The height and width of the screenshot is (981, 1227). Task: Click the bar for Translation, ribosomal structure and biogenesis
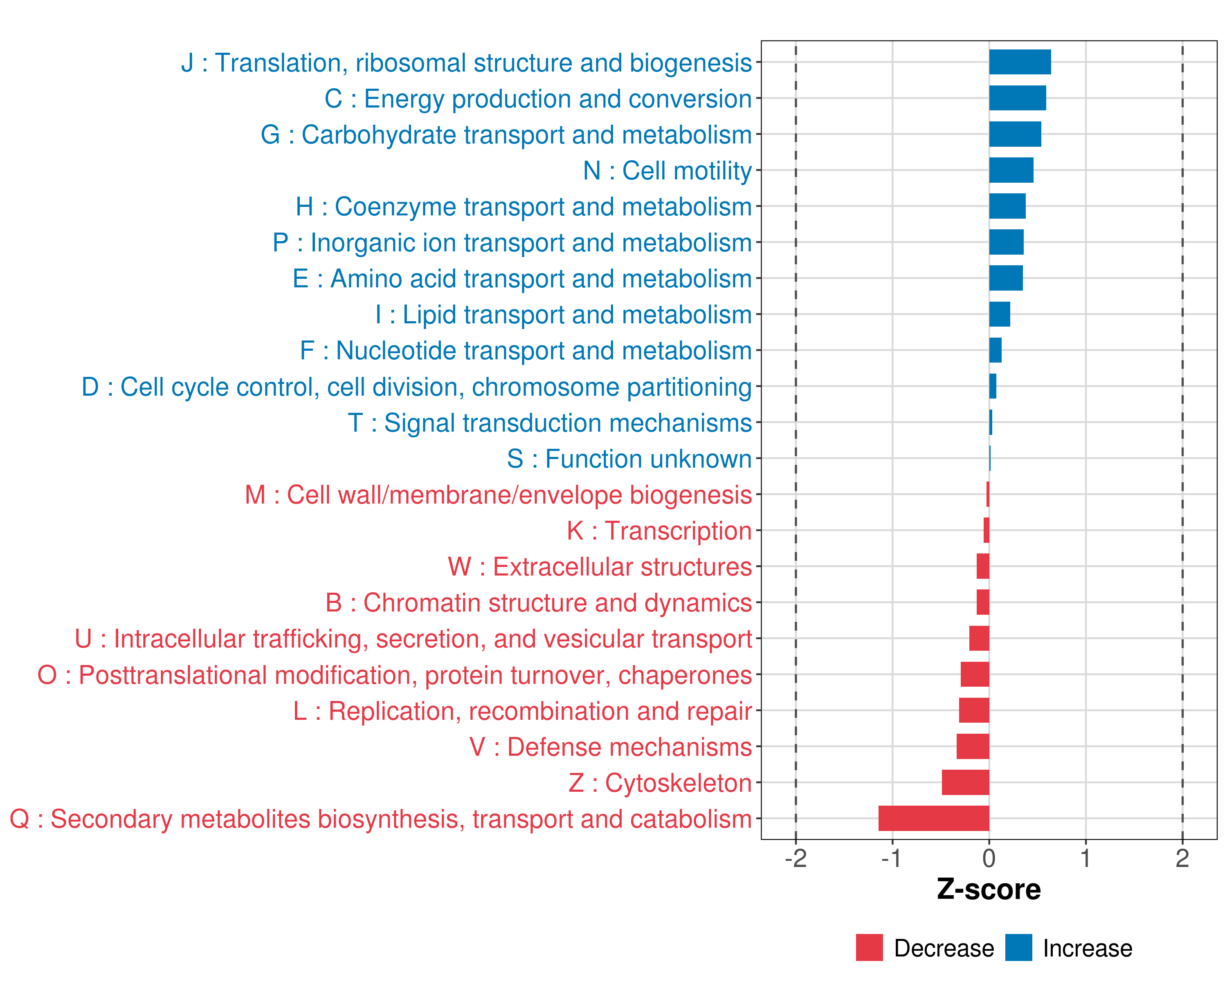coord(1020,62)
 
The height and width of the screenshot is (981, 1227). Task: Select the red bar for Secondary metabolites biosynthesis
coord(933,818)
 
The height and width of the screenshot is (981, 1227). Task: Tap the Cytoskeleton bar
coord(965,782)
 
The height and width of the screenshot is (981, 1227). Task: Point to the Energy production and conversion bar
coord(1017,98)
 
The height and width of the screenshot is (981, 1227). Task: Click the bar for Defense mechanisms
coord(973,746)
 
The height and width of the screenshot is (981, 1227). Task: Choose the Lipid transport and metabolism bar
coord(999,314)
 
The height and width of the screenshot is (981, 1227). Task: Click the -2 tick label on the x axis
coord(795,859)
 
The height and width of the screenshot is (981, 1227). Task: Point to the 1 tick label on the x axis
coord(1085,859)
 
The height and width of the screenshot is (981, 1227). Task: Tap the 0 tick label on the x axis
coord(989,859)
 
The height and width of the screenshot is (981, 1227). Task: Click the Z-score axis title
coord(989,889)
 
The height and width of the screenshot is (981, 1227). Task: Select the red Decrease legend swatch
coord(869,947)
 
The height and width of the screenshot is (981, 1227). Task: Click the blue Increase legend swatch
coord(1018,947)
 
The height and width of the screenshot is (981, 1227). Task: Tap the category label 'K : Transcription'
coord(659,531)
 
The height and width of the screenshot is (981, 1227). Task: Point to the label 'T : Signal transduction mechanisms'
coord(549,423)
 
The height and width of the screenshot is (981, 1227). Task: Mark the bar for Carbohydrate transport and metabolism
coord(1015,134)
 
